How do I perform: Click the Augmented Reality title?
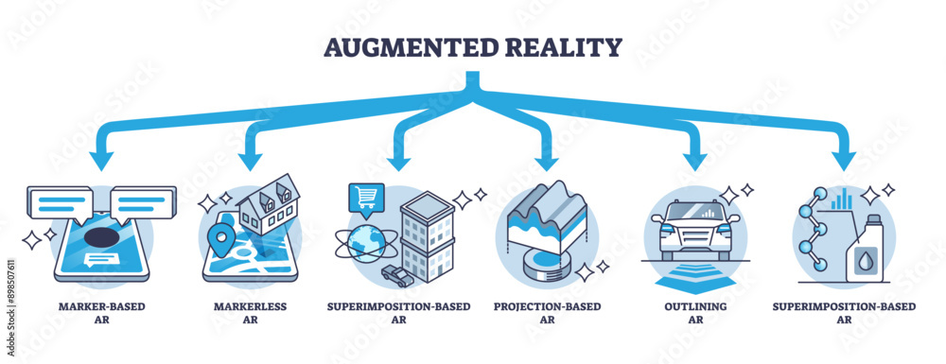473,46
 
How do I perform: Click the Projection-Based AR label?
547,313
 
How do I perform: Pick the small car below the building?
395,273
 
